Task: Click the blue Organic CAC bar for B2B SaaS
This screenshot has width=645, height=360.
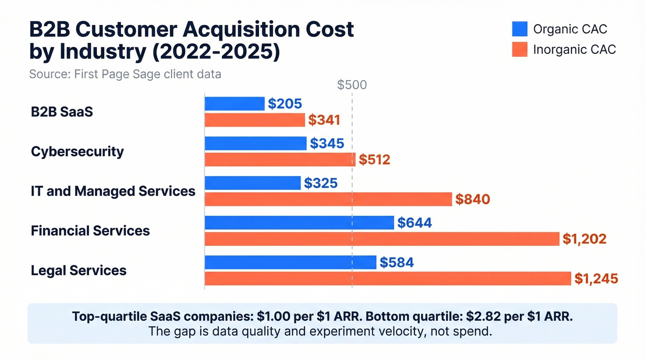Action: pyautogui.click(x=235, y=104)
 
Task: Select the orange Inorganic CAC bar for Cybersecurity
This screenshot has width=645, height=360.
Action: pyautogui.click(x=280, y=159)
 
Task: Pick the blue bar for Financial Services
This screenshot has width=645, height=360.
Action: pyautogui.click(x=299, y=223)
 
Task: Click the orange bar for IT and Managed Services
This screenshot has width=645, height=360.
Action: pyautogui.click(x=328, y=199)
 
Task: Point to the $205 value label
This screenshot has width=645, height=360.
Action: pyautogui.click(x=285, y=104)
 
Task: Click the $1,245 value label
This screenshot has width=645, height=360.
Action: pyautogui.click(x=596, y=278)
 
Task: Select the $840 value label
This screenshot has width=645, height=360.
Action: pyautogui.click(x=472, y=199)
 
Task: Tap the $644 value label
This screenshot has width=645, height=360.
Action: pyautogui.click(x=415, y=223)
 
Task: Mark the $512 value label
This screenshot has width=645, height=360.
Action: pyautogui.click(x=375, y=159)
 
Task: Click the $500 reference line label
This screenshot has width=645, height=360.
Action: pyautogui.click(x=352, y=85)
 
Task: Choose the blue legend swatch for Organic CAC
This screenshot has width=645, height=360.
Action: pyautogui.click(x=519, y=29)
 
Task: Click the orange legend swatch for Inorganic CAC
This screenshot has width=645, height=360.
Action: pyautogui.click(x=519, y=49)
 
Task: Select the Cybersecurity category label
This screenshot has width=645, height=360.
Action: pyautogui.click(x=77, y=151)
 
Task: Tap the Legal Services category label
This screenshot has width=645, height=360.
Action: pyautogui.click(x=79, y=270)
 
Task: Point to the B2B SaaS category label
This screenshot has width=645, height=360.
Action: pyautogui.click(x=62, y=112)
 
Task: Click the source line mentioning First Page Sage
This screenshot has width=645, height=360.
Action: pyautogui.click(x=125, y=74)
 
